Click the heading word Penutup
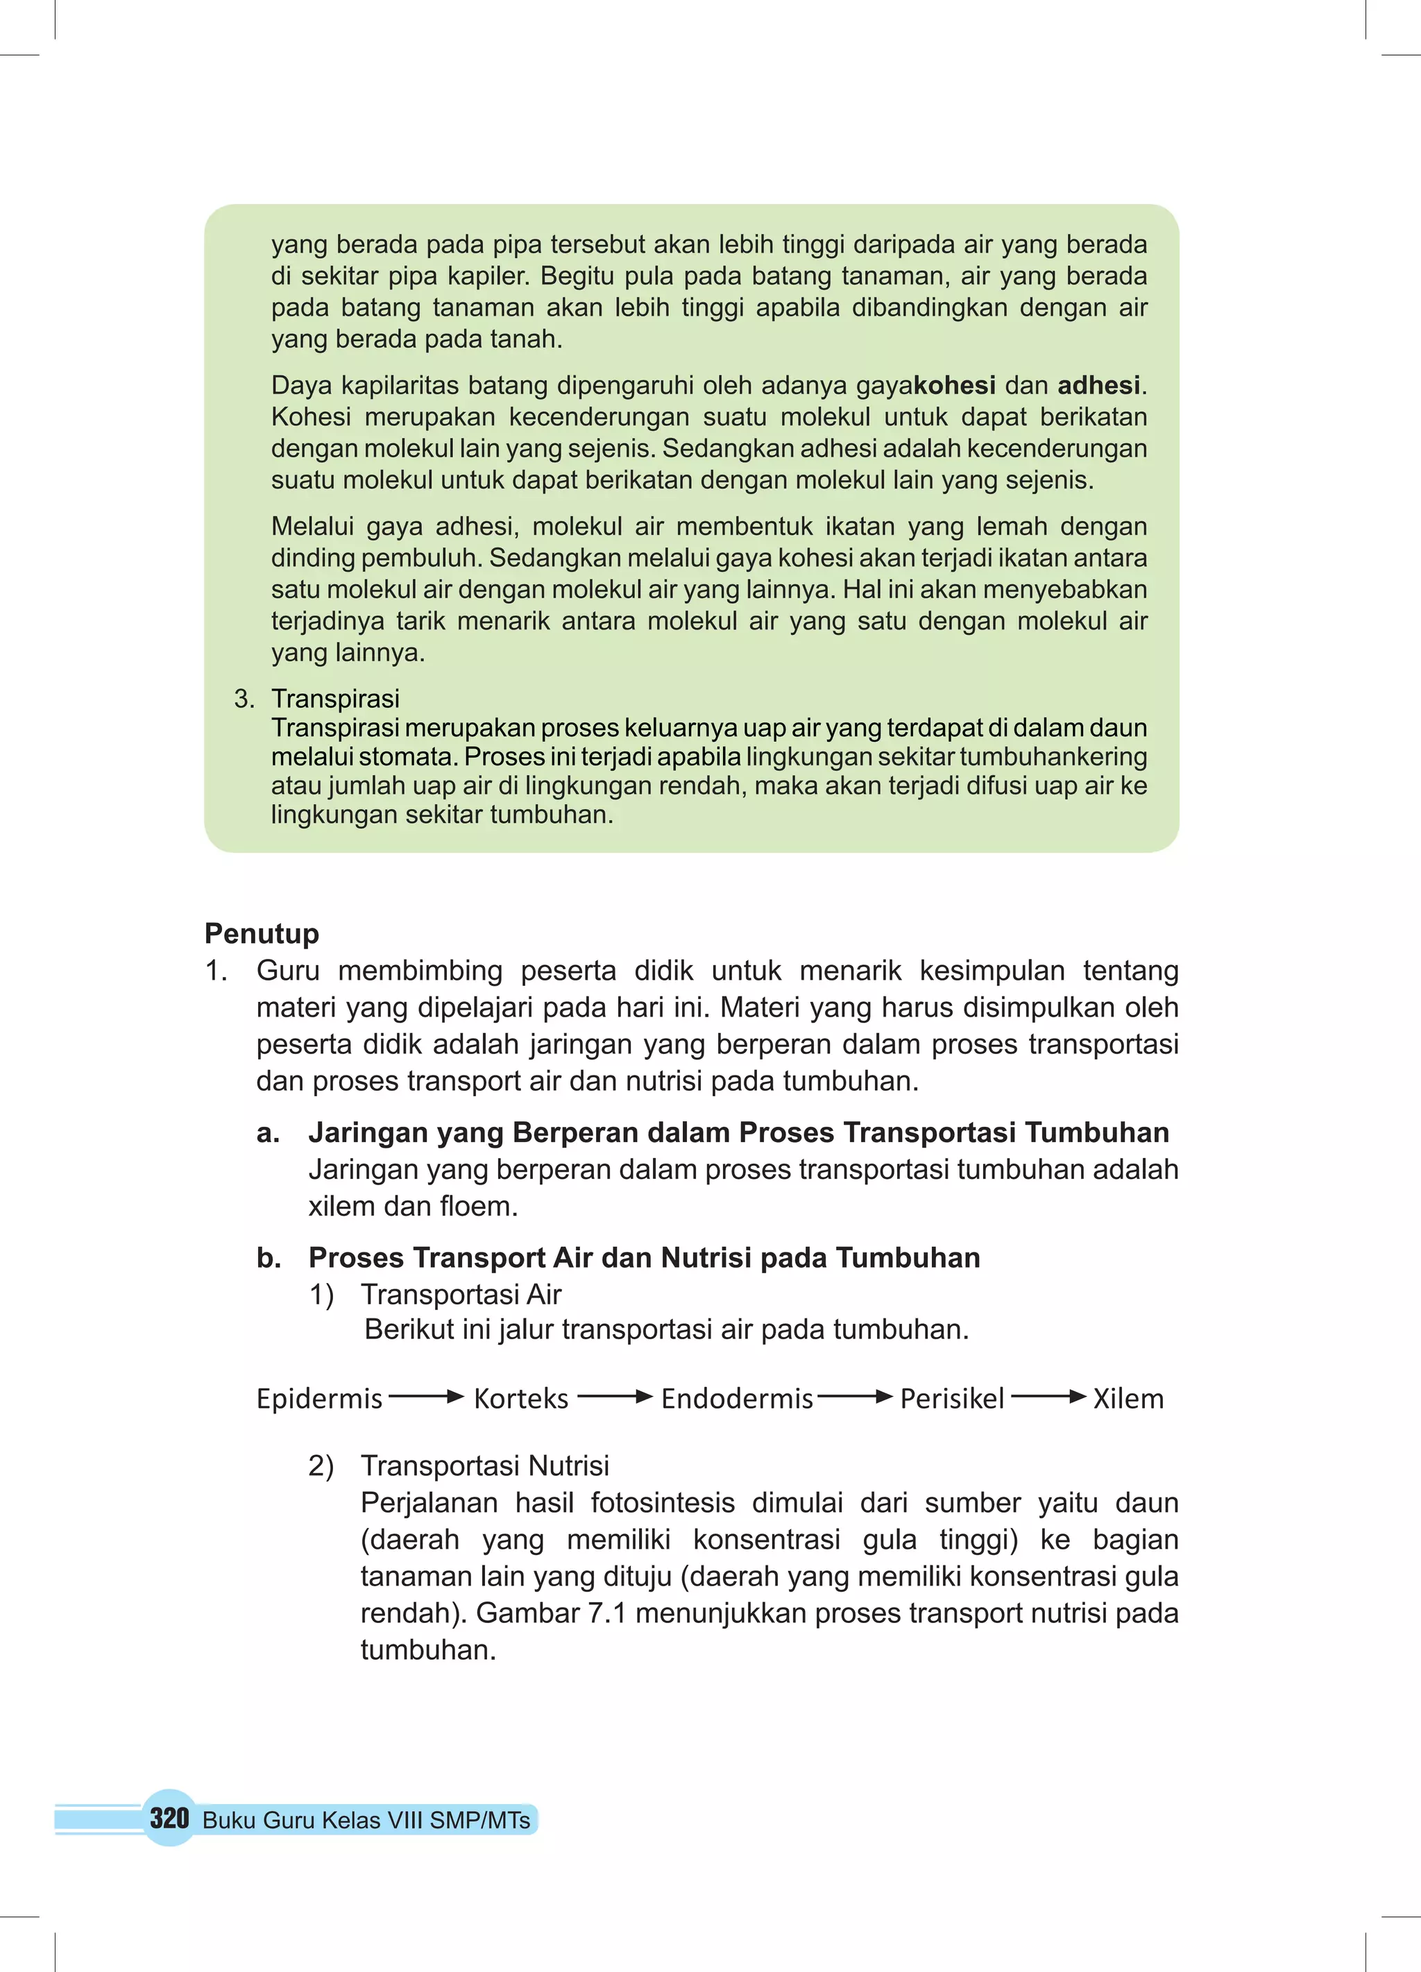(x=262, y=933)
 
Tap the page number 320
(x=169, y=1818)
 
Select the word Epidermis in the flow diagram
(x=319, y=1399)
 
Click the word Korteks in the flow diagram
(x=521, y=1399)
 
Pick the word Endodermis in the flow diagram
(x=737, y=1399)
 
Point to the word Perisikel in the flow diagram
(x=951, y=1399)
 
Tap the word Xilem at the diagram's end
(x=1128, y=1399)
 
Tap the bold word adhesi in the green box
(x=1098, y=385)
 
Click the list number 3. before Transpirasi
(x=244, y=698)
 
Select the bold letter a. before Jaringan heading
(x=268, y=1133)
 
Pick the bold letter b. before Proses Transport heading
(x=269, y=1258)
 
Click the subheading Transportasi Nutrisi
(x=484, y=1466)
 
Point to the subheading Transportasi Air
(x=461, y=1295)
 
